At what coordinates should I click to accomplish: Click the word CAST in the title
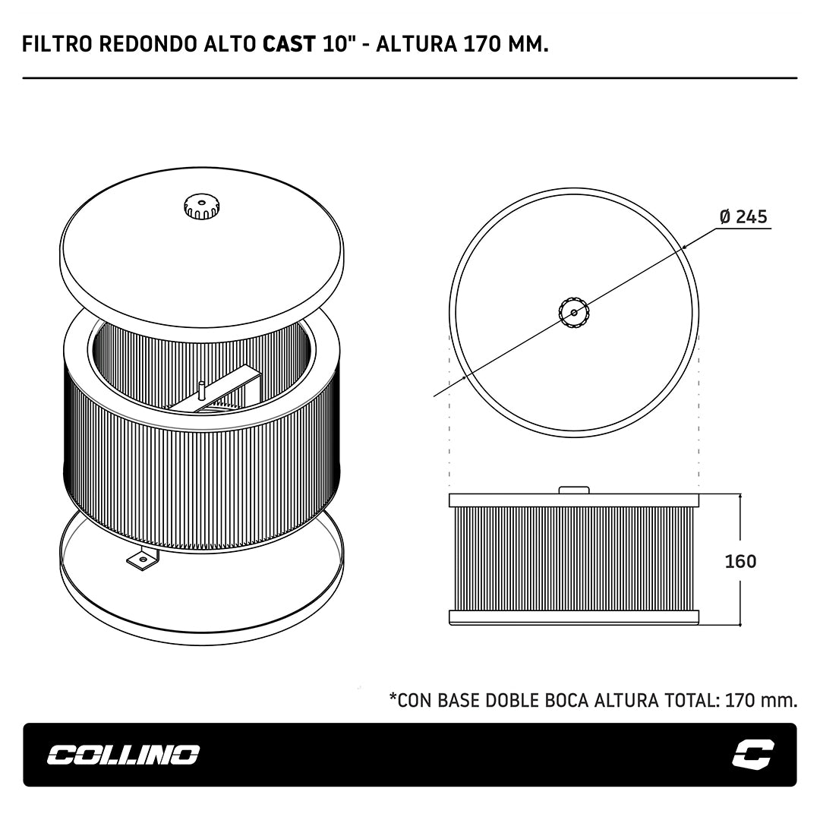[x=289, y=44]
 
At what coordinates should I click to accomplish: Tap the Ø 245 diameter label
[x=743, y=216]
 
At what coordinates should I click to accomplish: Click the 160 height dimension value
[x=740, y=561]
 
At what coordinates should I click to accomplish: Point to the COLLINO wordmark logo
[x=124, y=755]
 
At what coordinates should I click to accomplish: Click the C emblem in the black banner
[x=753, y=754]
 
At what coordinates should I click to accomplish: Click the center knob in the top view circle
[x=574, y=313]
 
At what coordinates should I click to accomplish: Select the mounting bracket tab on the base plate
[x=142, y=559]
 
